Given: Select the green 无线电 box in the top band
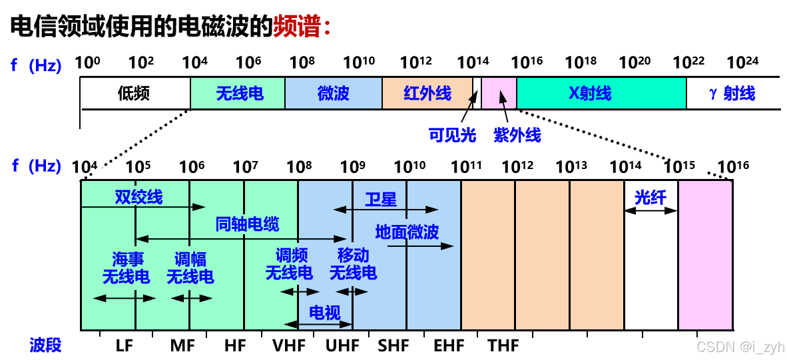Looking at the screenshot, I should click(x=238, y=93).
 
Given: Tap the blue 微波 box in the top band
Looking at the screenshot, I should click(x=334, y=93).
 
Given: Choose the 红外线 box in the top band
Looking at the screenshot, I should click(x=427, y=93).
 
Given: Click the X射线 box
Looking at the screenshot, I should click(x=601, y=93).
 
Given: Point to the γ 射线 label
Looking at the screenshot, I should click(x=732, y=93).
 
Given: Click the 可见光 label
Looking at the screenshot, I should click(x=453, y=136).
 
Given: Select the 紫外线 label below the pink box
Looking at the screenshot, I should click(x=517, y=136).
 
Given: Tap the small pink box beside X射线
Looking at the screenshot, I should click(x=499, y=92).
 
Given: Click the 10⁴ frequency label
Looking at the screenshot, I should click(x=87, y=166).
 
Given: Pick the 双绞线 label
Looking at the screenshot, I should click(x=138, y=197).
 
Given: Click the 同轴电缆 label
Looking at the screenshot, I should click(x=248, y=224).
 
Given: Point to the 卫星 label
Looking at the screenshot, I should click(x=381, y=199).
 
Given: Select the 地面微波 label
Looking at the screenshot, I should click(x=407, y=232).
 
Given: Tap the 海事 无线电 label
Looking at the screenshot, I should click(x=126, y=267).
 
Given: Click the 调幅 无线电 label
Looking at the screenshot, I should click(x=190, y=267).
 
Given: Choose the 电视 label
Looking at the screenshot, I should click(x=325, y=313).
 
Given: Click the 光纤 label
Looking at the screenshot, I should click(x=650, y=198).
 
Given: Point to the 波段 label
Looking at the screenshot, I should click(x=45, y=345).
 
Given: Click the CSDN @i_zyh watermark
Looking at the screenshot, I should click(x=739, y=346).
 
